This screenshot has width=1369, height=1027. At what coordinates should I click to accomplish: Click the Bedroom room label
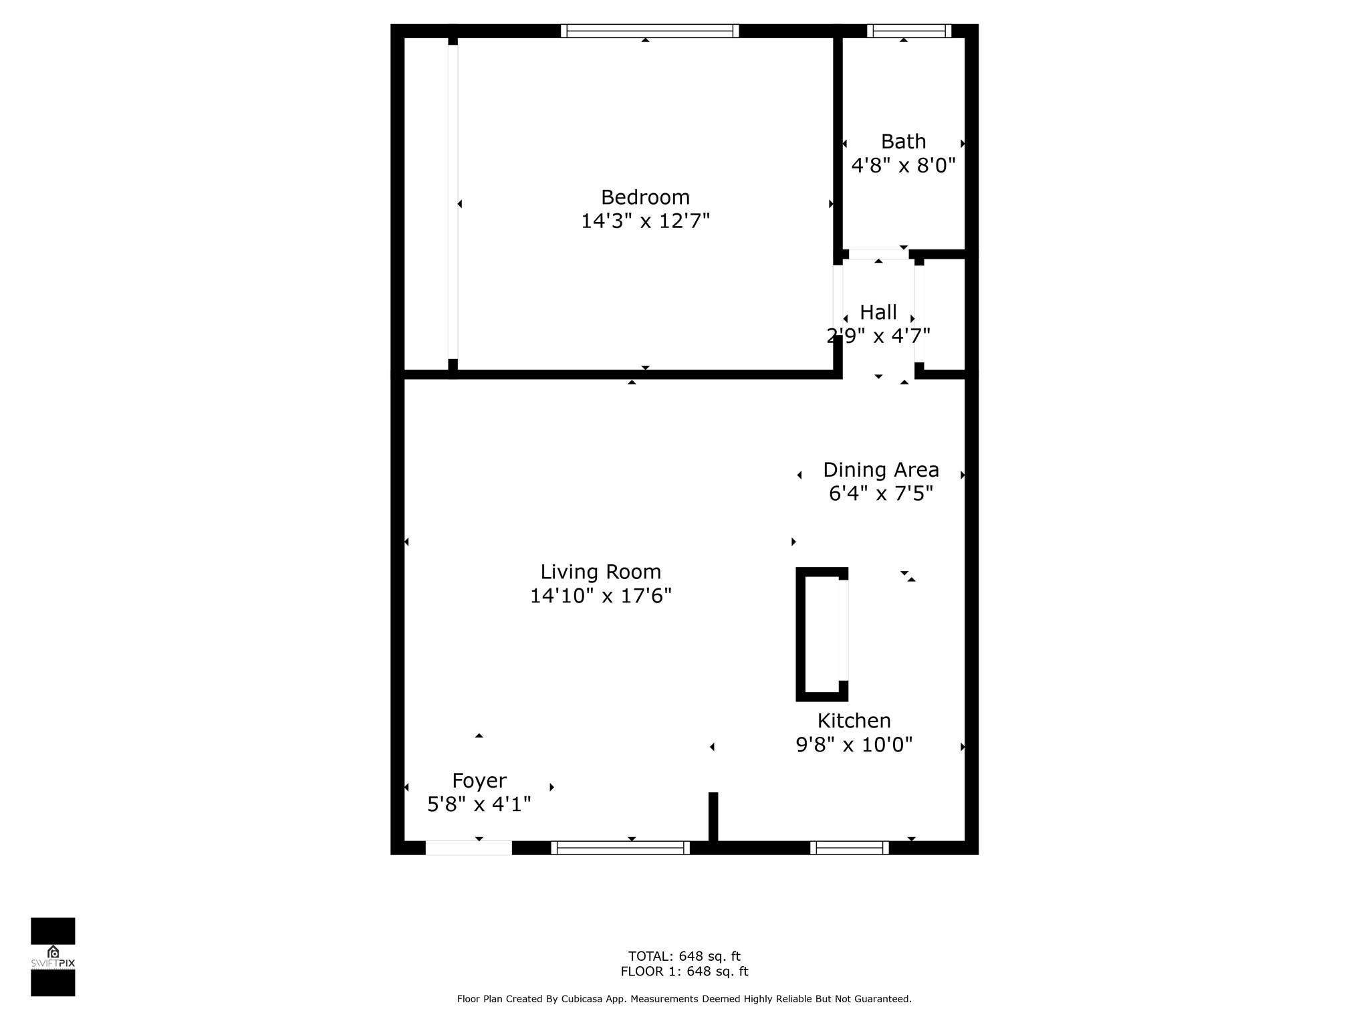(x=645, y=197)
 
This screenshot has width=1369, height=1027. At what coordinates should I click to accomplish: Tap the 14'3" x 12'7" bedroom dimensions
(x=645, y=221)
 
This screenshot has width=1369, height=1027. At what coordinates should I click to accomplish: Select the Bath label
(x=903, y=142)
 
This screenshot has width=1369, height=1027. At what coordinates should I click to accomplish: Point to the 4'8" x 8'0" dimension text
(x=903, y=165)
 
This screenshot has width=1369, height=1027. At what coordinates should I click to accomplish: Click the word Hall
(x=878, y=312)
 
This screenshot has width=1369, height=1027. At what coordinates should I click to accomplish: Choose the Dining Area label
(x=881, y=470)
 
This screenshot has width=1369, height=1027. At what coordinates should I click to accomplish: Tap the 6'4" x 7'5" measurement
(x=881, y=493)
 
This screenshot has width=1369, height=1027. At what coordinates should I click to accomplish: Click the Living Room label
(x=601, y=572)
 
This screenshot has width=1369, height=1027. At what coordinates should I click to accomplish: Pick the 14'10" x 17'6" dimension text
(x=601, y=595)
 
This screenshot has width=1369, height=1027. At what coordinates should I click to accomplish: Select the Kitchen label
(x=854, y=721)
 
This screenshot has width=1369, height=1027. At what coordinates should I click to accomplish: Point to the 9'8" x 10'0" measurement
(x=854, y=744)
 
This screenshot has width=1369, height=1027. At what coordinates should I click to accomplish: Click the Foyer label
(x=479, y=781)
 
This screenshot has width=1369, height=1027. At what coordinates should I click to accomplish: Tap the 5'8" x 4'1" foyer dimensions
(x=479, y=804)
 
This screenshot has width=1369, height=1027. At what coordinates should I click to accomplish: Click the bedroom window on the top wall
(x=650, y=31)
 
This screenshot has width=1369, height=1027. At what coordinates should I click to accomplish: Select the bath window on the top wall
(x=909, y=31)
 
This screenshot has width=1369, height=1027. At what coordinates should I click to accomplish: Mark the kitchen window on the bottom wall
(x=850, y=848)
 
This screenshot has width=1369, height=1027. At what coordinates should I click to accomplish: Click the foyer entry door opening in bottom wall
(x=469, y=848)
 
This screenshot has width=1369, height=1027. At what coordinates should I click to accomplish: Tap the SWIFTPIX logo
(x=53, y=957)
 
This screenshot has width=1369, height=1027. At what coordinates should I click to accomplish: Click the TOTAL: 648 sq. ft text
(x=684, y=956)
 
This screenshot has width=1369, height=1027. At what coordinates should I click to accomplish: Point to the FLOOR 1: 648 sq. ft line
(x=684, y=972)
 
